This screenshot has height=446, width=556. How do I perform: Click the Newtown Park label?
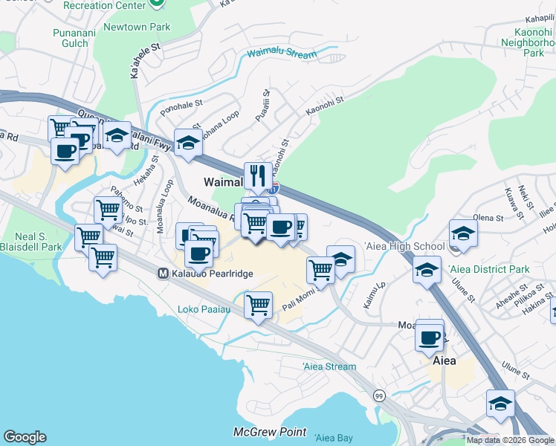[141, 28]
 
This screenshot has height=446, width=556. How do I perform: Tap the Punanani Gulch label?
[71, 38]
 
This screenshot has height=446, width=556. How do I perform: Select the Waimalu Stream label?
[282, 53]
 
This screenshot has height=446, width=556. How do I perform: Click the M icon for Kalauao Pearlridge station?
[163, 274]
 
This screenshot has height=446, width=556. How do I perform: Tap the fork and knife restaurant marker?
[258, 175]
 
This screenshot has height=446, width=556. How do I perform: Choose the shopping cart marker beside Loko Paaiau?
[258, 304]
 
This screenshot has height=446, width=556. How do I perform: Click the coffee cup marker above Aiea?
[430, 337]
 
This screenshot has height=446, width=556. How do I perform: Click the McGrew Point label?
[259, 432]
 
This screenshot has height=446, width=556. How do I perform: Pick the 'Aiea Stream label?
[329, 366]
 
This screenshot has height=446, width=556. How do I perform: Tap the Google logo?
[25, 437]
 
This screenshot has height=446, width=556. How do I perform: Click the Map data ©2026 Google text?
[510, 440]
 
